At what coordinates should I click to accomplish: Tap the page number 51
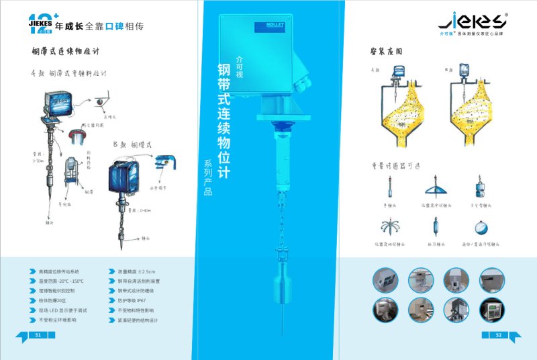tap(38, 334)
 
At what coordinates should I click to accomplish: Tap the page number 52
tap(498, 334)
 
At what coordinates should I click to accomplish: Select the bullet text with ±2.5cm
tap(137, 271)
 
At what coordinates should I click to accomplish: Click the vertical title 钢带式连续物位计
tap(224, 121)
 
